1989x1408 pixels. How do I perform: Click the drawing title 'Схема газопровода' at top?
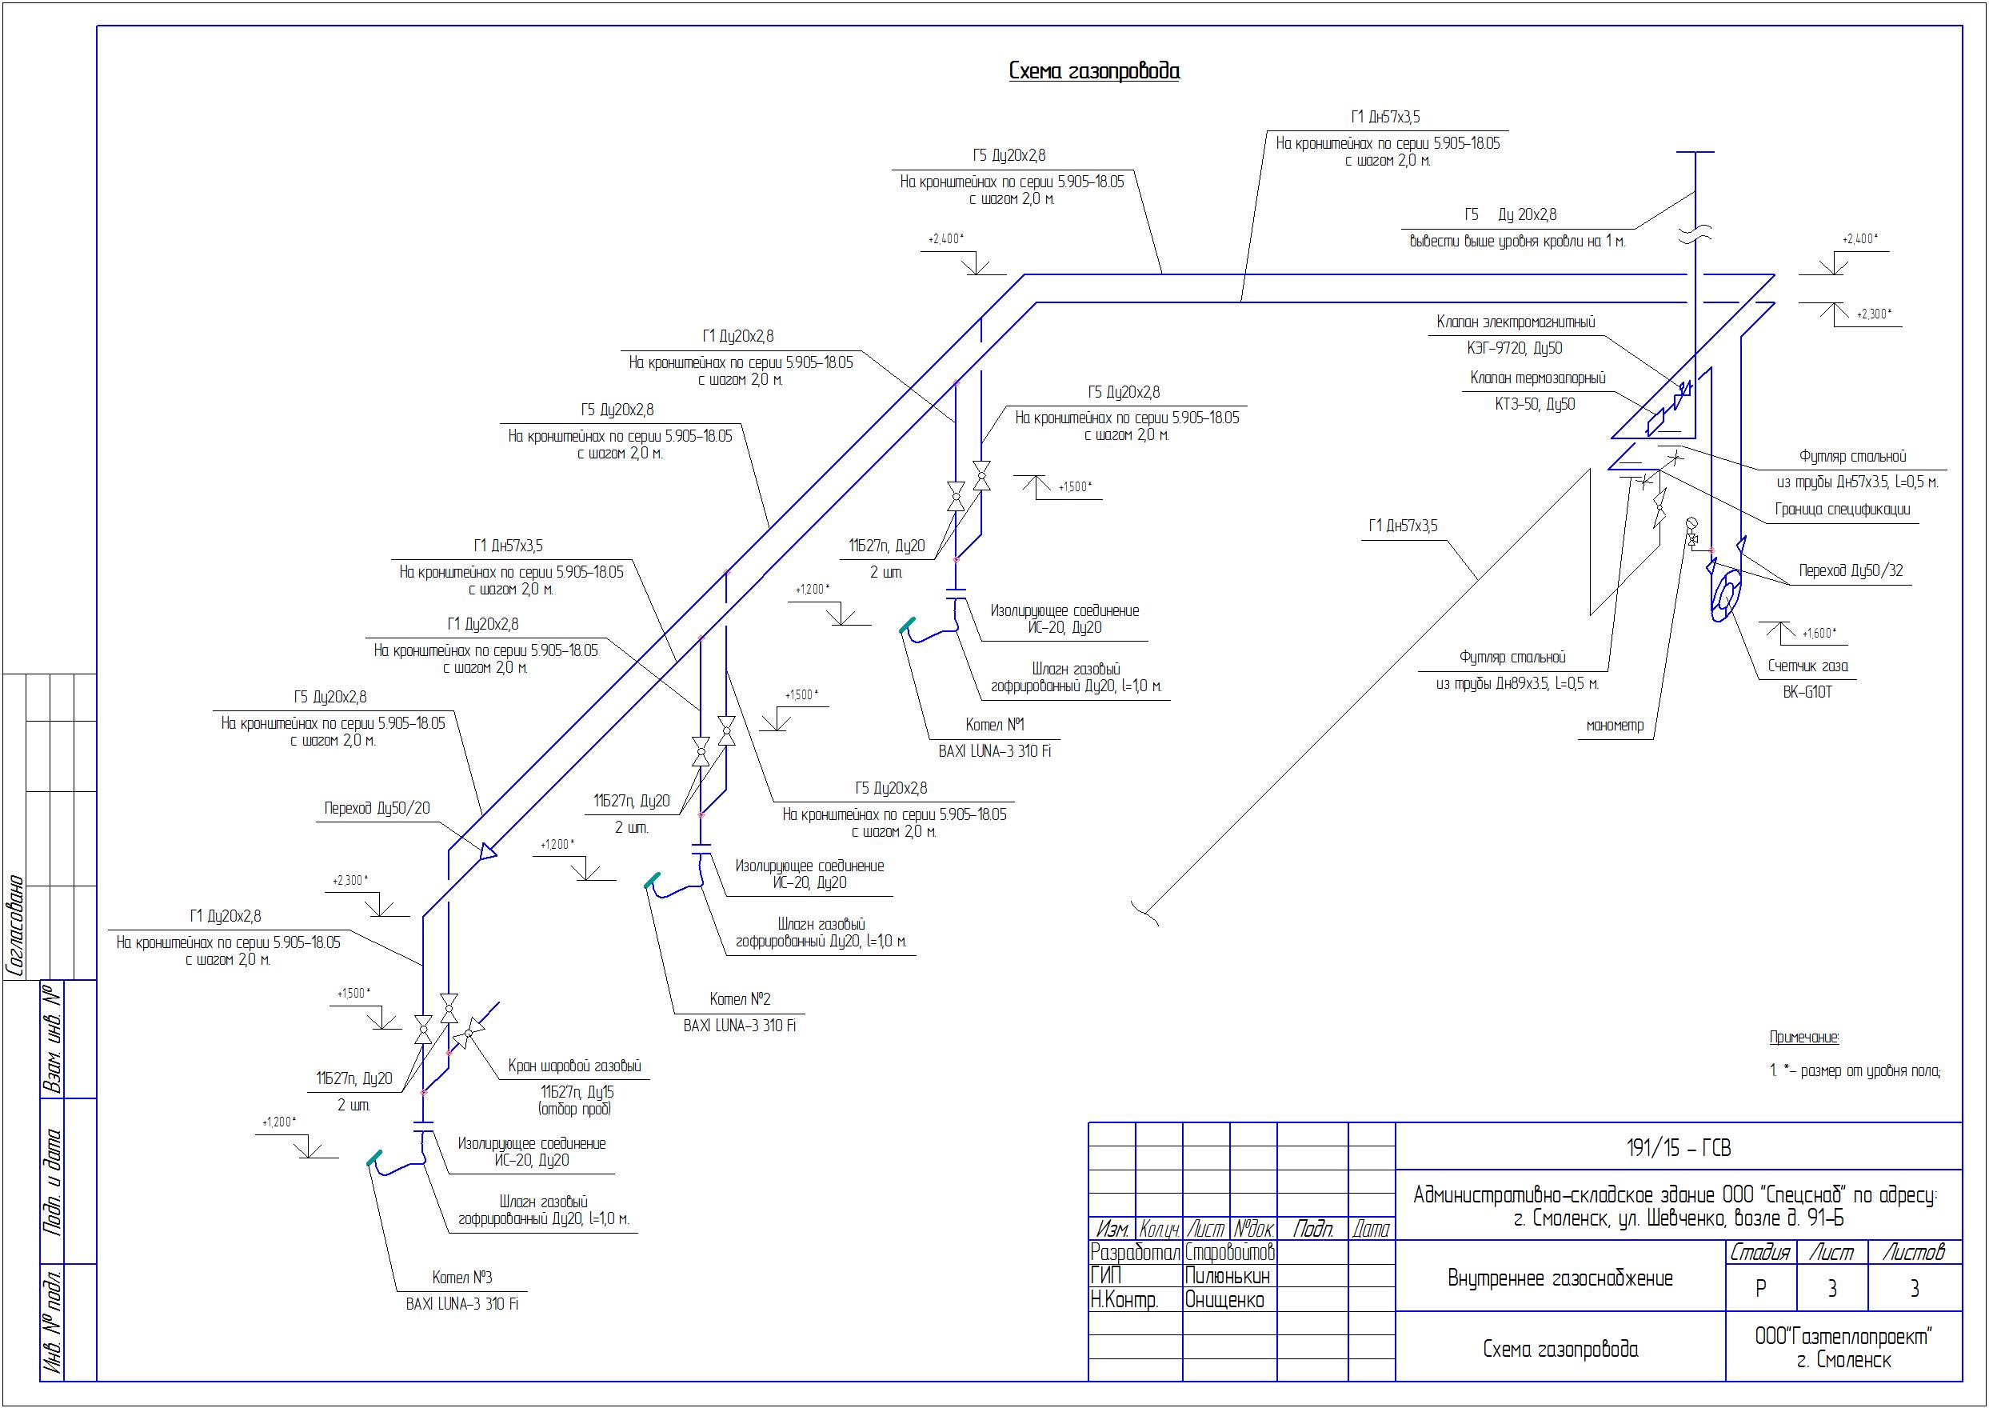click(1094, 71)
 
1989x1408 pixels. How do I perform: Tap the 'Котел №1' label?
click(994, 725)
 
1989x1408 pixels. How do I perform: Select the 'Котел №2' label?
click(739, 998)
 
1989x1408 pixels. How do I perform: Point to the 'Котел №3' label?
click(462, 1277)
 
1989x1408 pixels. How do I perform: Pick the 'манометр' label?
click(1615, 726)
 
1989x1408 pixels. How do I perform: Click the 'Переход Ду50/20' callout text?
click(377, 808)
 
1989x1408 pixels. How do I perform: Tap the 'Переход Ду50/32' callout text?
click(1851, 570)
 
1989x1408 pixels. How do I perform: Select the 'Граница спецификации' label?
click(1842, 509)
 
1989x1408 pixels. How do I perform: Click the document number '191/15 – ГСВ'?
click(1679, 1148)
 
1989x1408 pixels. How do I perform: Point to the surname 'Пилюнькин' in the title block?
click(1227, 1276)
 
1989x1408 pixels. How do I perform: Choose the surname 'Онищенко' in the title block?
click(1224, 1300)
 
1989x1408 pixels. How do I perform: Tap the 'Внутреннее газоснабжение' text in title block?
click(1560, 1278)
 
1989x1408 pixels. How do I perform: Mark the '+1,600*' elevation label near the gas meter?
click(1819, 633)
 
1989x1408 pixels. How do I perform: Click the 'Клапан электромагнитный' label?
click(1515, 322)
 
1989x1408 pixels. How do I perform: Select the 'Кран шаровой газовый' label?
click(573, 1066)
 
